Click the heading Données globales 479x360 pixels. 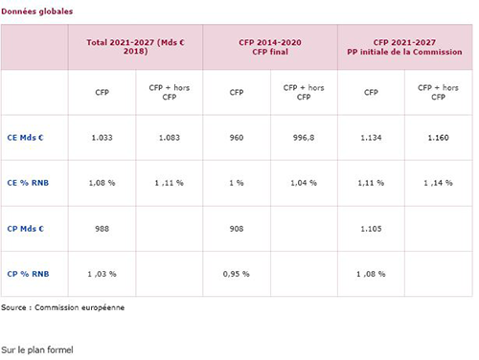point(37,11)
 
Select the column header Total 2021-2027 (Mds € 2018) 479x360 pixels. point(136,47)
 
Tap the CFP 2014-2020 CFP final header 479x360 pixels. point(270,47)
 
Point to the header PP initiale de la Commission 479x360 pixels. point(404,52)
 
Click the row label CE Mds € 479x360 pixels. point(25,138)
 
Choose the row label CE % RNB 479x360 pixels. point(28,183)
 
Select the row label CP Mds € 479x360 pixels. point(26,229)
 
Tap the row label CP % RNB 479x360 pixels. point(28,274)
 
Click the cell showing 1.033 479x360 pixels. point(102,138)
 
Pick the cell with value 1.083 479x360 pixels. point(170,138)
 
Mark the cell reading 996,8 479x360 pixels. point(304,138)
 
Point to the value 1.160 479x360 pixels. point(439,138)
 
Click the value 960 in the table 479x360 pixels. point(237,138)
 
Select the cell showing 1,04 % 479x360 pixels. point(304,183)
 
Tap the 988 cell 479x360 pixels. point(102,229)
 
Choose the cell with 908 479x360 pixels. point(237,229)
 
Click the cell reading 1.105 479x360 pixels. point(371,229)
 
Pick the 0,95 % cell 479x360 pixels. point(237,274)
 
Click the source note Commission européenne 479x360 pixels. point(80,307)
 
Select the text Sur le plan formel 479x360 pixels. point(37,349)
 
